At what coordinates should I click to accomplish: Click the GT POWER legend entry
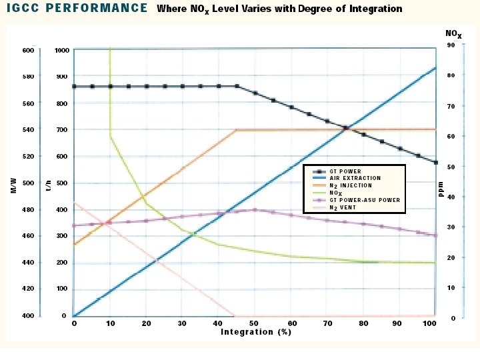(345, 171)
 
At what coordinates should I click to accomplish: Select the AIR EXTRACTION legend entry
(355, 178)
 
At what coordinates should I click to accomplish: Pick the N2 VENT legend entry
(343, 207)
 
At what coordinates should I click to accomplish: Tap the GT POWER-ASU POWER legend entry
(365, 200)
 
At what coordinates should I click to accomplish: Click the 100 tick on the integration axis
(429, 323)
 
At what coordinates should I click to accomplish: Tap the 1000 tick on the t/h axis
(62, 51)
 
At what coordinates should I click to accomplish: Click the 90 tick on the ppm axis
(451, 45)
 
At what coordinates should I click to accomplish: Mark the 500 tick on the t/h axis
(62, 183)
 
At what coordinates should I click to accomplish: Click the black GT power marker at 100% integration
(435, 163)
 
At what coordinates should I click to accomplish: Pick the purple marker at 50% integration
(255, 210)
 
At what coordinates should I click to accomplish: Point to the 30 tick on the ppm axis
(451, 227)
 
